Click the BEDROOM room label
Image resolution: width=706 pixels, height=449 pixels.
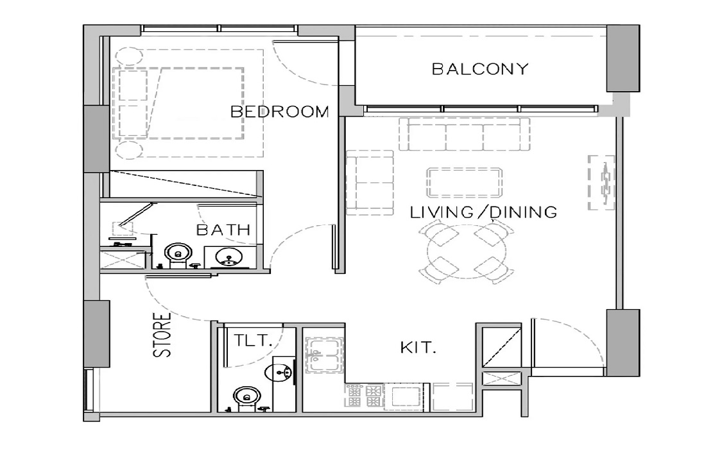[279, 112]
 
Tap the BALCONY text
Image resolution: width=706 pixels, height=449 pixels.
[479, 69]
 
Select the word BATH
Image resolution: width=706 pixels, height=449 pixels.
[223, 230]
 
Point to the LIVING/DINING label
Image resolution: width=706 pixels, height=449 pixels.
[484, 212]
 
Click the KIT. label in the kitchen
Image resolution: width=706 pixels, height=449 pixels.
[418, 349]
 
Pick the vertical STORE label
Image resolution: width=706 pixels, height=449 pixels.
[165, 334]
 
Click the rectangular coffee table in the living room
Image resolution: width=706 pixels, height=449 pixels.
[465, 183]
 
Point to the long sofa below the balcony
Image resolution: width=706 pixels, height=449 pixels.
[465, 133]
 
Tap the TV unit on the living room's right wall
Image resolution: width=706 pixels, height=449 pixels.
[601, 182]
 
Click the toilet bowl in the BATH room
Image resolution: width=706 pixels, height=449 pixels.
[175, 255]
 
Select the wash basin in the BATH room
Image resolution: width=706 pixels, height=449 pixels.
[228, 257]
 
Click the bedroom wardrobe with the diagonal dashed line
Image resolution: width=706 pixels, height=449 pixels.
[184, 185]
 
